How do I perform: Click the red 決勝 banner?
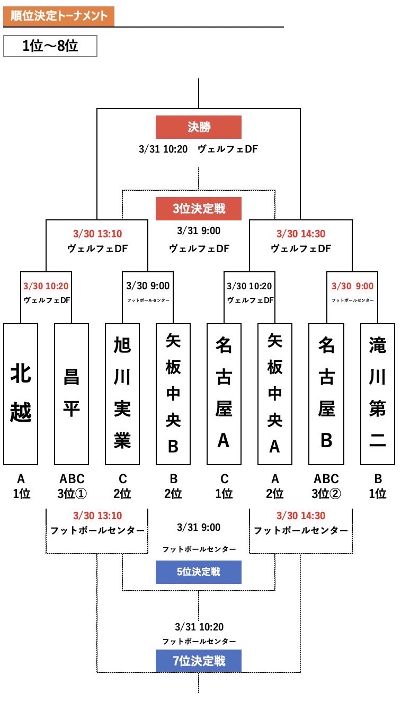click(198, 127)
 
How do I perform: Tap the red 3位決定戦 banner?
click(198, 209)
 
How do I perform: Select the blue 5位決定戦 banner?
click(198, 572)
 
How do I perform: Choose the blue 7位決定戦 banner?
click(198, 661)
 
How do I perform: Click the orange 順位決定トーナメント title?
click(59, 16)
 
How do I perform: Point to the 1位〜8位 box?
click(50, 46)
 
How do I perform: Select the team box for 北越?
click(21, 394)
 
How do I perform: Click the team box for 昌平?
click(72, 394)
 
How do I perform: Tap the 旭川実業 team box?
click(122, 394)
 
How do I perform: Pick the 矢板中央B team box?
click(173, 394)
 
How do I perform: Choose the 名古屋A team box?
click(224, 394)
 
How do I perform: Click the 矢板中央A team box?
click(274, 394)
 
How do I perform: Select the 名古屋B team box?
click(326, 394)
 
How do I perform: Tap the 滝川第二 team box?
click(377, 394)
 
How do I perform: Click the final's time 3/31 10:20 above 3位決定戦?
click(163, 149)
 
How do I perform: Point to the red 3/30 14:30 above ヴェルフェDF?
click(301, 234)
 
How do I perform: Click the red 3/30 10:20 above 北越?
click(46, 286)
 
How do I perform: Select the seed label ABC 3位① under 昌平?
click(72, 486)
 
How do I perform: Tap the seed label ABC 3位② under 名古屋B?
click(326, 486)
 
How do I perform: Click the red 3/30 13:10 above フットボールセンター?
click(97, 516)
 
